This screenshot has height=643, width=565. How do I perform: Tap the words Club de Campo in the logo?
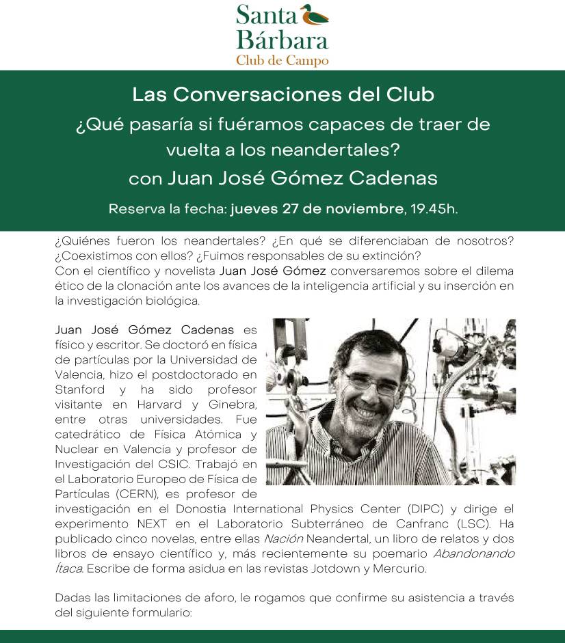coord(282,60)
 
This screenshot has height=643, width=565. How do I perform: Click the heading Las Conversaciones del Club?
coord(282,94)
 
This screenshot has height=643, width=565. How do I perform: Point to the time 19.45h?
coord(434,208)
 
